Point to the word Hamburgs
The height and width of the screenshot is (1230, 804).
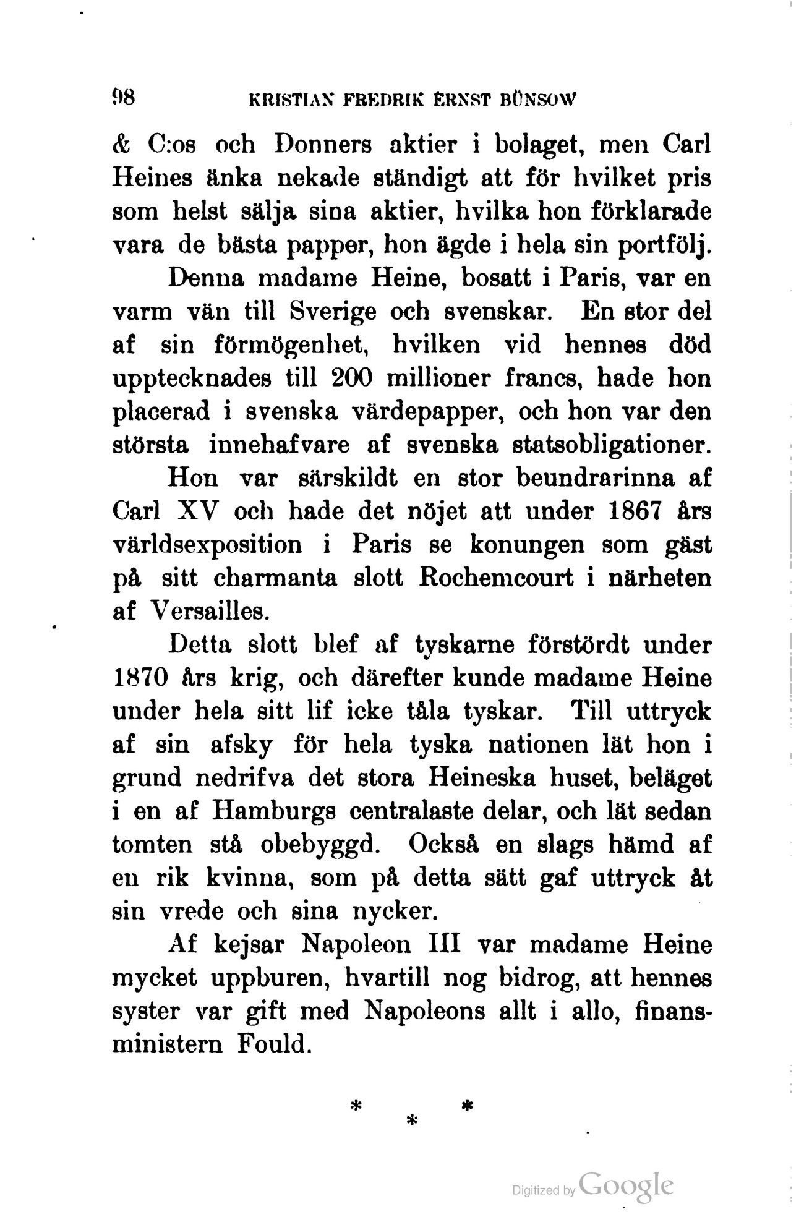[273, 811]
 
